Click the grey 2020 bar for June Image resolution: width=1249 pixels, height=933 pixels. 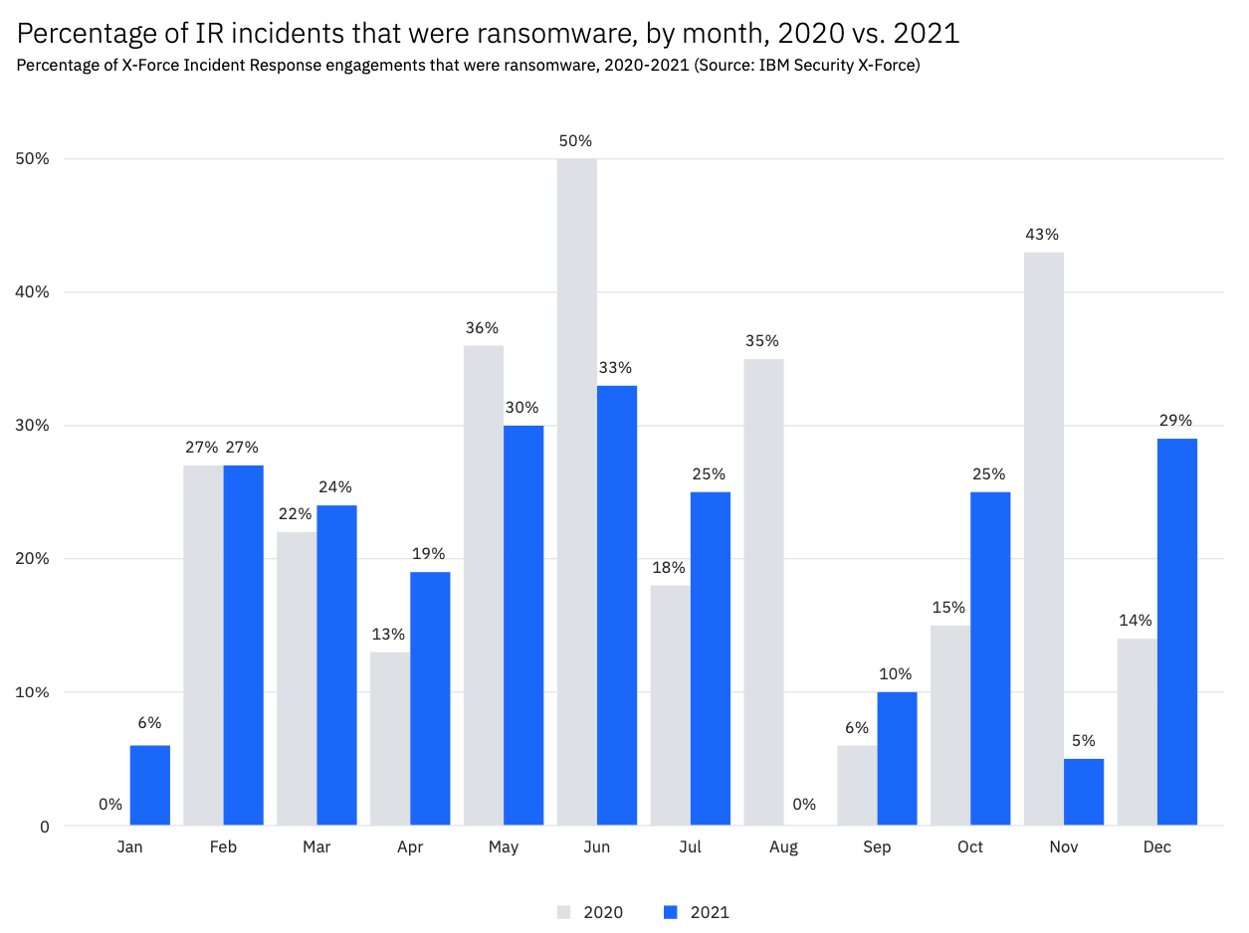(577, 491)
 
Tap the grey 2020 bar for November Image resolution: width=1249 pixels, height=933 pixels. (1044, 538)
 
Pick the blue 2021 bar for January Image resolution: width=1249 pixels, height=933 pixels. (150, 785)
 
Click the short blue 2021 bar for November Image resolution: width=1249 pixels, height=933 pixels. (1084, 792)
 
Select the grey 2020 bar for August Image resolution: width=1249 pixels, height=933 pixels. (763, 592)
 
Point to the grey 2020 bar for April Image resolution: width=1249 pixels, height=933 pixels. (390, 738)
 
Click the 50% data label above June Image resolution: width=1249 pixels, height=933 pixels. (576, 141)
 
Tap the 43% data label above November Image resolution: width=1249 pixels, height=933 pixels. (1043, 235)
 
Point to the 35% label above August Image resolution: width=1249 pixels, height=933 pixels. (763, 341)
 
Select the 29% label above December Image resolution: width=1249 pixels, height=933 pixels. (1176, 421)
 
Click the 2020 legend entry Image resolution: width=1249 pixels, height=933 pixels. (591, 912)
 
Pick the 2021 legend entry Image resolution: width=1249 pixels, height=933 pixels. (697, 912)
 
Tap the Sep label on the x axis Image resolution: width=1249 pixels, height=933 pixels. (877, 847)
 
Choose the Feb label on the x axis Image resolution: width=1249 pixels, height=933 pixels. (223, 847)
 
